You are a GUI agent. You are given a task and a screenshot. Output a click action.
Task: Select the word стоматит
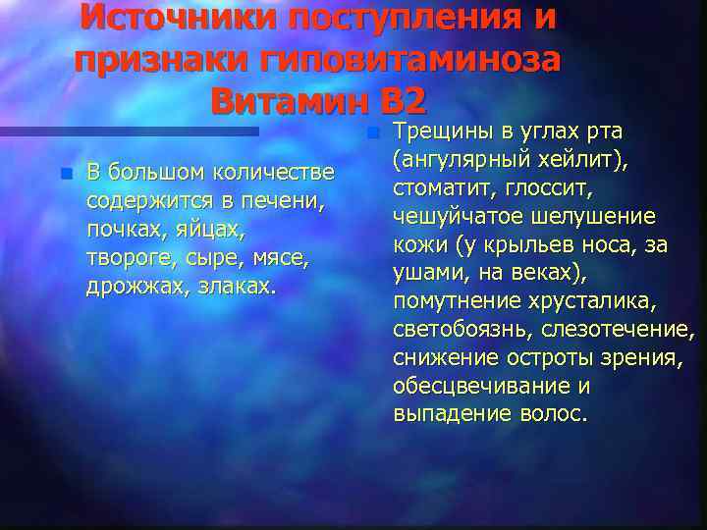pyautogui.click(x=440, y=188)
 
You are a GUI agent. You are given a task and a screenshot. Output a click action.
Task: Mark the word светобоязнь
pyautogui.click(x=457, y=329)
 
